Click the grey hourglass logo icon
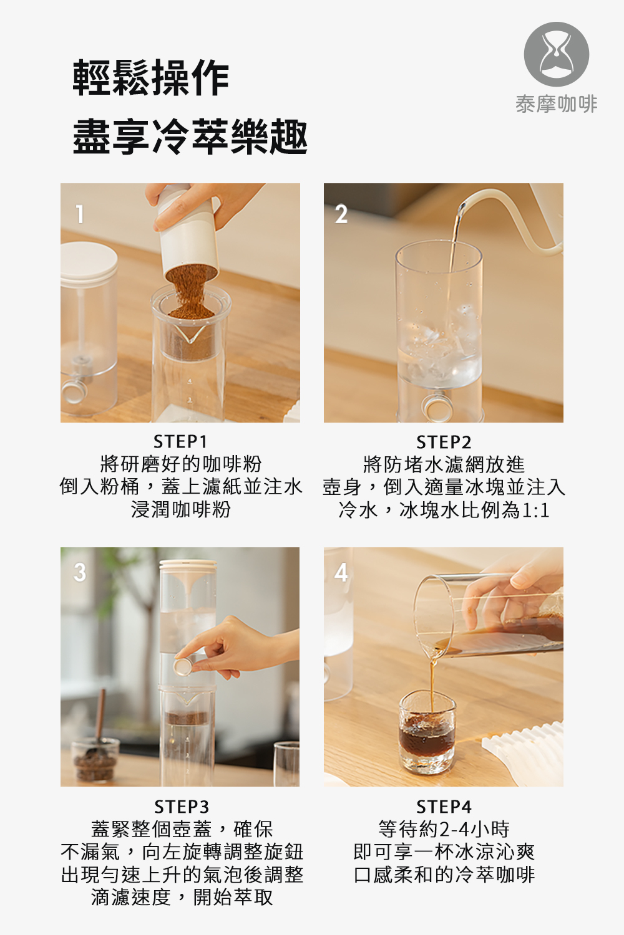pos(556,55)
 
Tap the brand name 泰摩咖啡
pos(556,104)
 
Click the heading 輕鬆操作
pos(151,78)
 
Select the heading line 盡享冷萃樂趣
pos(190,136)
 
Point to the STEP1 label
pos(180,441)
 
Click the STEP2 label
pos(444,441)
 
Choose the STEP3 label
pos(182,807)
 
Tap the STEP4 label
pos(444,807)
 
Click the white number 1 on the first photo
pos(80,214)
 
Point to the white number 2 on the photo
pos(341,214)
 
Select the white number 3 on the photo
pos(80,572)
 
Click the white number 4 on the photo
pos(341,572)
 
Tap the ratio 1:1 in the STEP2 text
pos(535,510)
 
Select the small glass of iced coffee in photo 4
pos(427,732)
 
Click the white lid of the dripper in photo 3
pos(188,565)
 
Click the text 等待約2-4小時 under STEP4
pos(444,829)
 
